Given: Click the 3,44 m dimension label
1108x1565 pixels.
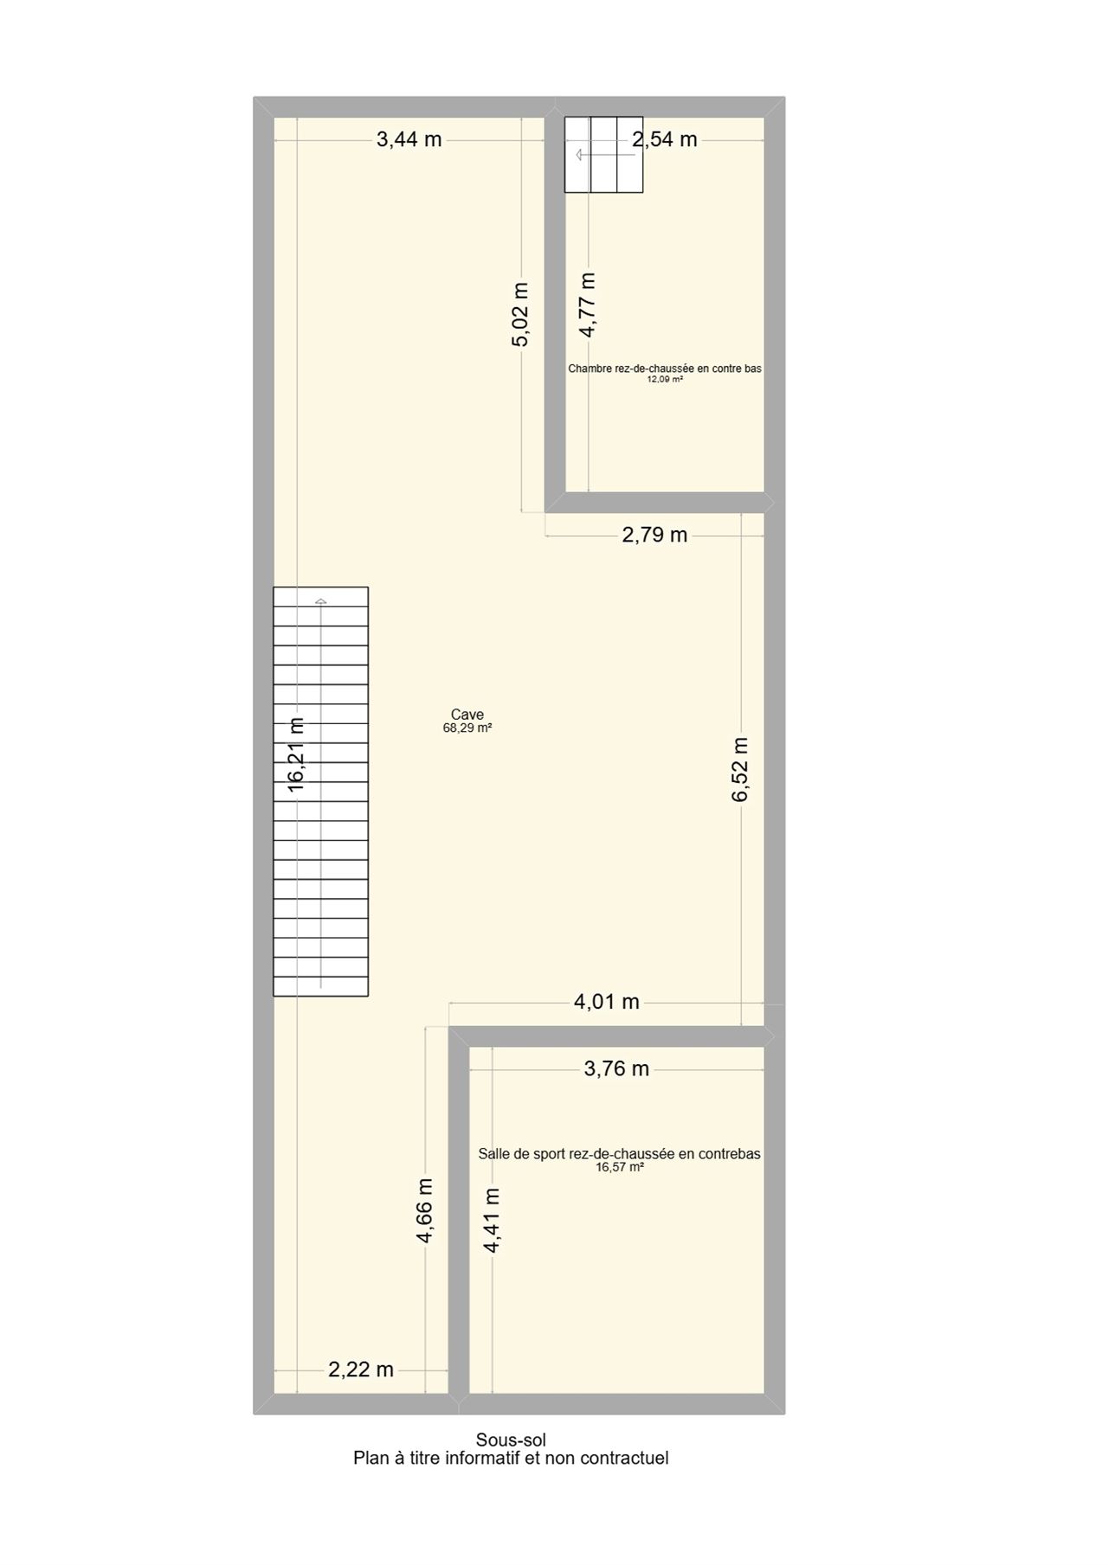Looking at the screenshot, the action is click(409, 139).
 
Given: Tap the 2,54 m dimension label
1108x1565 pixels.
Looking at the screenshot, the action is click(665, 139).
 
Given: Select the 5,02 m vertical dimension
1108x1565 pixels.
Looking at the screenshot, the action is click(519, 315).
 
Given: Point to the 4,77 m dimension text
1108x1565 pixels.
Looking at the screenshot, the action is click(588, 305).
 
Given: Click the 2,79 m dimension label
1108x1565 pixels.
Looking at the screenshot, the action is click(654, 535).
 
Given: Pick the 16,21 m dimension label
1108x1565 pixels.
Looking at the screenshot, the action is click(296, 754).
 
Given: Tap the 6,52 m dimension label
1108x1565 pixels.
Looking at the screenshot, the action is click(740, 769).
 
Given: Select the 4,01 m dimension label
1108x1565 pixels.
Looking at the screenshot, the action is click(607, 1002).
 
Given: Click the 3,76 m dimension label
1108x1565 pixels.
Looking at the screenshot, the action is click(616, 1068).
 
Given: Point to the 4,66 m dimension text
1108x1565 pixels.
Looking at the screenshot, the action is click(424, 1210).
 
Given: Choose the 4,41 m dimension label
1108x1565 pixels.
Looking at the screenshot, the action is click(492, 1220).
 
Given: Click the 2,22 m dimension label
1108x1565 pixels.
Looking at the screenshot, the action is click(361, 1369).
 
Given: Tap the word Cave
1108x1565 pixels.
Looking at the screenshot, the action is click(467, 715).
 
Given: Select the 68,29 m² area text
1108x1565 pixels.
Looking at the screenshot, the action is click(467, 728).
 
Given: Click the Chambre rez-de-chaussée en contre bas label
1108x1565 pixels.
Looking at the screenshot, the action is click(665, 369).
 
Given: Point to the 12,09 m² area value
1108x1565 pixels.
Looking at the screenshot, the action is click(665, 379).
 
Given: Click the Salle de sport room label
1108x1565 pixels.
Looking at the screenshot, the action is click(620, 1153).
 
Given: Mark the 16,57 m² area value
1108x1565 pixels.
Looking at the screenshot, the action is click(620, 1167).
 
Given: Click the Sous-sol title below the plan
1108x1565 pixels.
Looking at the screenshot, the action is click(511, 1440).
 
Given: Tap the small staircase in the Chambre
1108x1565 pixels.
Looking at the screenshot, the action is click(604, 154).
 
